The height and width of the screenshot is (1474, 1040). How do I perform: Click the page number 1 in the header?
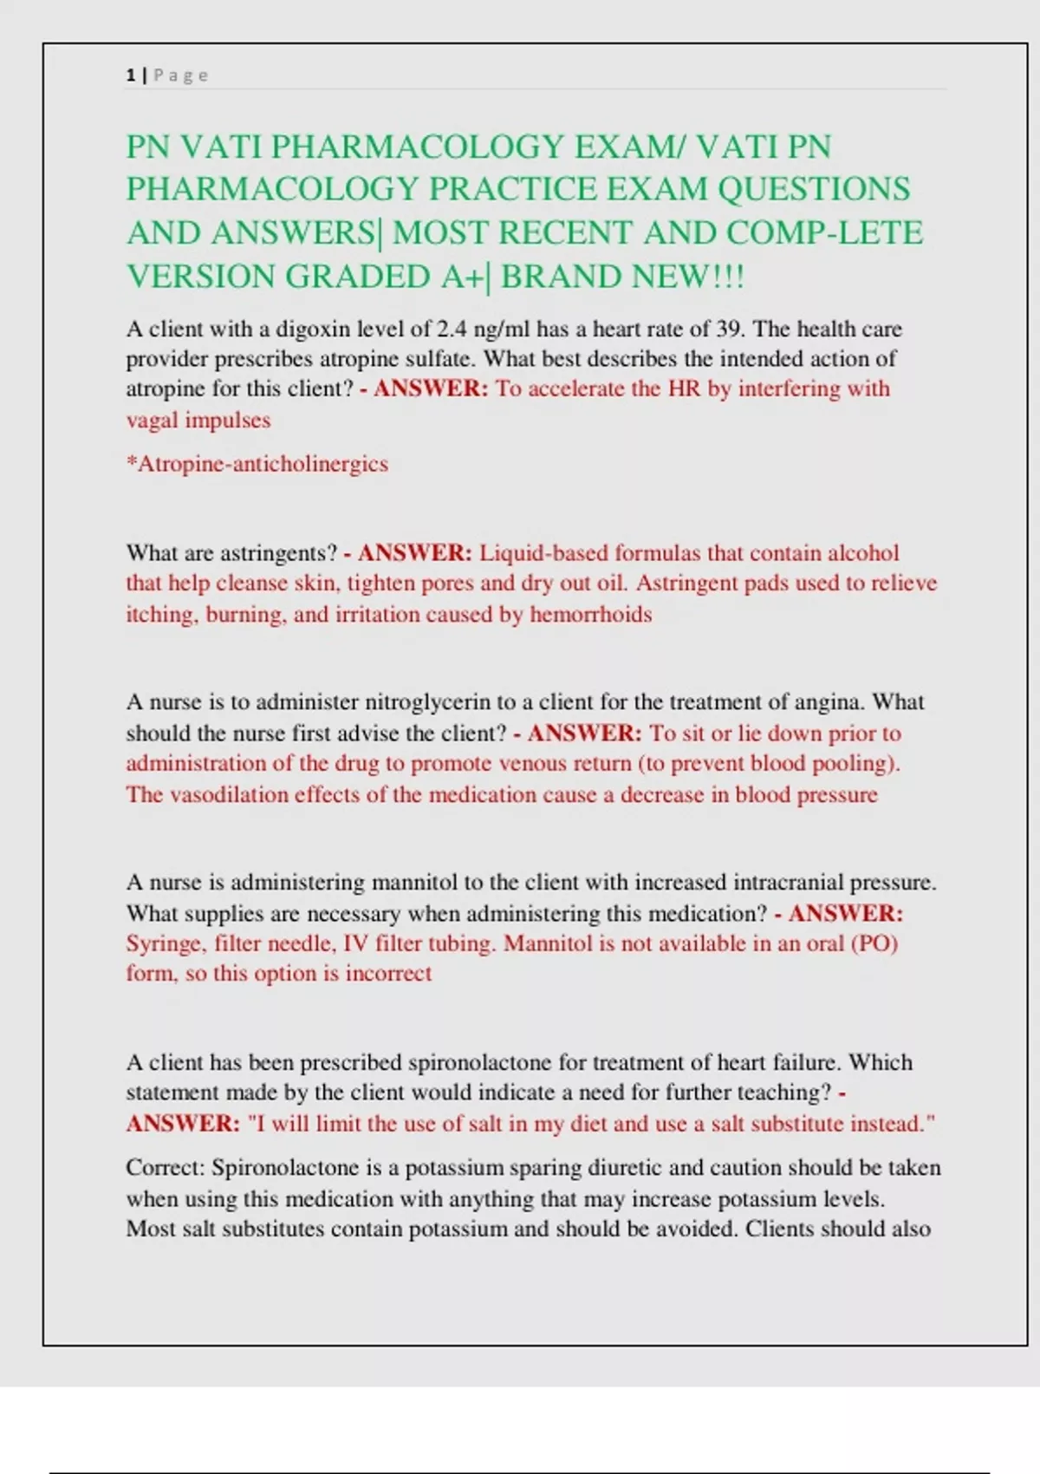click(130, 75)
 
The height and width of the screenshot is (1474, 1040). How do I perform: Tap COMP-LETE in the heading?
click(824, 232)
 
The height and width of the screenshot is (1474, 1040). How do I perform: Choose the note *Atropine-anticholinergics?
click(257, 464)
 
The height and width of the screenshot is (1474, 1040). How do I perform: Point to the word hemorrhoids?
click(590, 615)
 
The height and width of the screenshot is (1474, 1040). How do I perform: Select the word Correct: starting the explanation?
click(165, 1168)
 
